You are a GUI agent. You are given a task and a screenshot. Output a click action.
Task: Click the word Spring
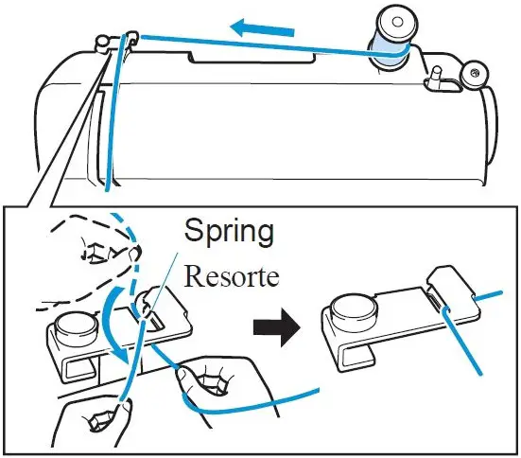[230, 231]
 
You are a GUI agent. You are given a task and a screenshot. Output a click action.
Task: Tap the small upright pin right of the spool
[437, 76]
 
